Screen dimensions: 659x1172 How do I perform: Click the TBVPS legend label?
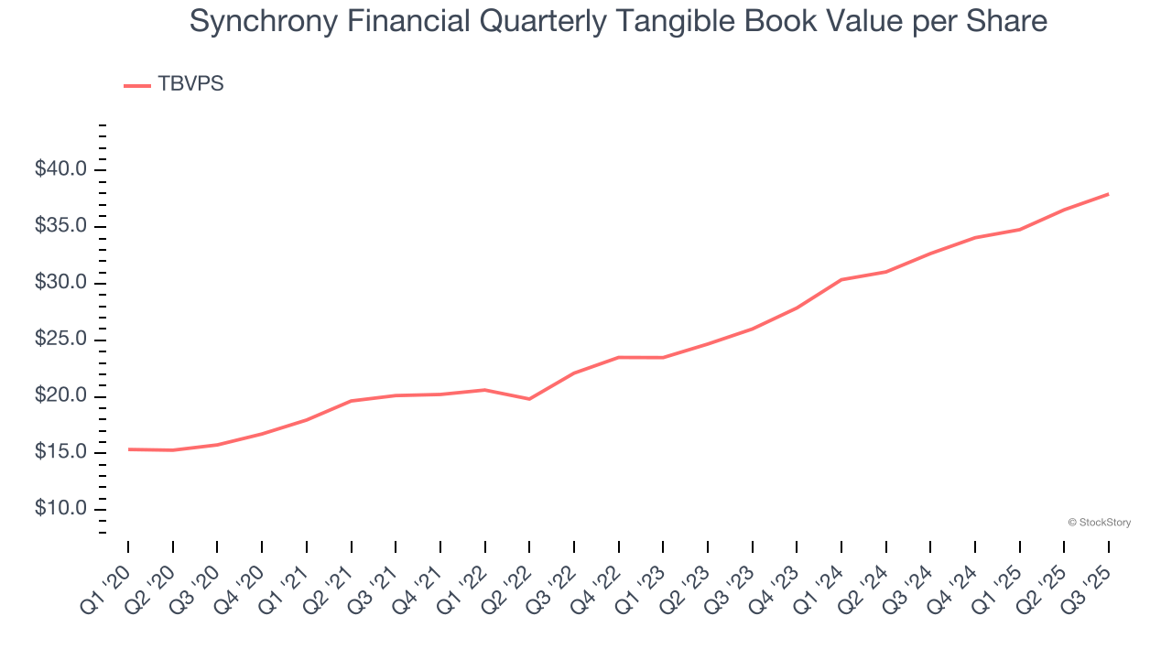pos(190,84)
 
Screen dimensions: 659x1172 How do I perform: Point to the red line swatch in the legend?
pos(137,85)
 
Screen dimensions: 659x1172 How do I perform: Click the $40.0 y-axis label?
pos(61,170)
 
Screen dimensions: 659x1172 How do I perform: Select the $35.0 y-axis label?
pos(61,227)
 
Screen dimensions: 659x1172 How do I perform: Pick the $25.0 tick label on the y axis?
pos(61,340)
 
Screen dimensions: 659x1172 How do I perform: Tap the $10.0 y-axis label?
pos(61,510)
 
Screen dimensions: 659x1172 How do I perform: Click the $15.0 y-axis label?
pos(61,453)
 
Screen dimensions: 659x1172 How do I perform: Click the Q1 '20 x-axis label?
pos(108,585)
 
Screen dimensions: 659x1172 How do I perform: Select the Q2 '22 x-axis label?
pos(509,585)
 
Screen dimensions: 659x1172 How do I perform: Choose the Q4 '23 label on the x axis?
pos(776,585)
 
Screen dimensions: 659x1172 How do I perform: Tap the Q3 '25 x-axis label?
pos(1089,585)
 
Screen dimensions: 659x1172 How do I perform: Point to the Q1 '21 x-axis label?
pos(287,585)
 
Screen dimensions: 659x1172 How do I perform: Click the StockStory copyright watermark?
pos(1099,523)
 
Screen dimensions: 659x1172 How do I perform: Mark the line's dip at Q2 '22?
pos(529,399)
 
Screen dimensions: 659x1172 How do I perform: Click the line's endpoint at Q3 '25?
pos(1108,194)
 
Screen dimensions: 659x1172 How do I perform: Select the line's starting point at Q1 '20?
pos(128,449)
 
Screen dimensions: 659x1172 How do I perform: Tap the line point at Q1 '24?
pos(841,280)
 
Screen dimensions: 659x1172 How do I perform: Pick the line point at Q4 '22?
pos(618,357)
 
